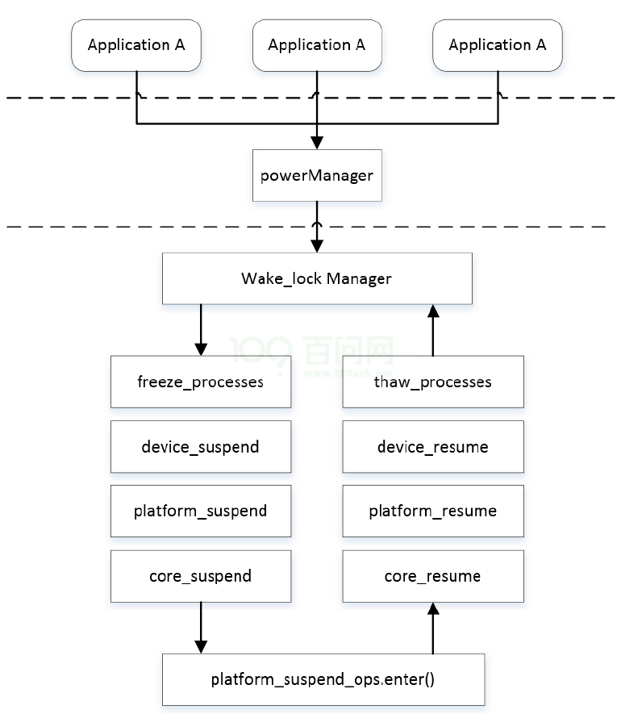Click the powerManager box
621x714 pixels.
click(317, 175)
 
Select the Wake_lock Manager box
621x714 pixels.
click(317, 278)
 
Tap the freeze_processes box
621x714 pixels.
click(201, 382)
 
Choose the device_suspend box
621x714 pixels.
click(201, 446)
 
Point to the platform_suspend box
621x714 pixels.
click(201, 511)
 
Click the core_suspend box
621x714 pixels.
click(201, 576)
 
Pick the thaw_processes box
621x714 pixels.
click(433, 382)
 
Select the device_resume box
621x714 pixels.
click(433, 446)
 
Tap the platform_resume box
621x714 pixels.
click(433, 511)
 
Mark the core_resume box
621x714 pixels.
click(433, 576)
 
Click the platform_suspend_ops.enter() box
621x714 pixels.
click(323, 679)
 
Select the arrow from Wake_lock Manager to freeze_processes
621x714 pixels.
click(201, 331)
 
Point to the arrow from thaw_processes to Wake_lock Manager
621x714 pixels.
click(433, 331)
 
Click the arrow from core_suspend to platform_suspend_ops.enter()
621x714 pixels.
click(201, 628)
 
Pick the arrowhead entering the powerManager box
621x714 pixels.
click(317, 142)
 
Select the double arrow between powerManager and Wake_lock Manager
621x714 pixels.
click(317, 228)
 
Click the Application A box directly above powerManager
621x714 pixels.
click(317, 45)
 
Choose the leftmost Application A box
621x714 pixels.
click(136, 45)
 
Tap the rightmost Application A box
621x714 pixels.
click(498, 45)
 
